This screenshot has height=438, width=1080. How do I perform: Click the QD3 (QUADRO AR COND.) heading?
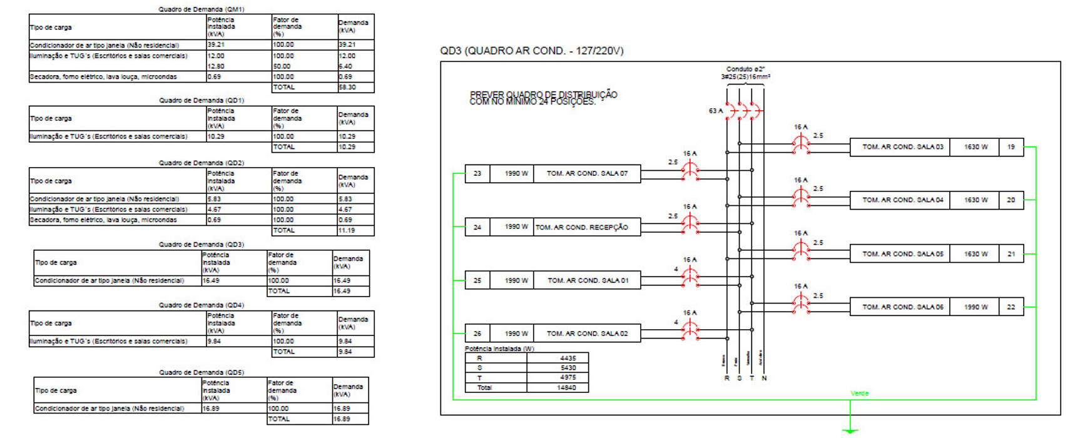531,51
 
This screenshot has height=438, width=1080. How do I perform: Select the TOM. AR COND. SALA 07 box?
587,173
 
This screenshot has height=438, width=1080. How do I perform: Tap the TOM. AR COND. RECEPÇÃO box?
587,227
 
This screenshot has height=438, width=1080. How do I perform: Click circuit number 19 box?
1011,147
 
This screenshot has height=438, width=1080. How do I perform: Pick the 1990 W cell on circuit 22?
975,307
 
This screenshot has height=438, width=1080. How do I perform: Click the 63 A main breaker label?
715,111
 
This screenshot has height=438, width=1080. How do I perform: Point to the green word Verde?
859,393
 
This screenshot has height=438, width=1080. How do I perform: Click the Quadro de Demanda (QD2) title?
201,163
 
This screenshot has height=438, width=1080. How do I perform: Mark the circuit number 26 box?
477,334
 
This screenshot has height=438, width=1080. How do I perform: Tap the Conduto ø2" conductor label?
745,69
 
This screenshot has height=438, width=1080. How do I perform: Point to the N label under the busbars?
764,378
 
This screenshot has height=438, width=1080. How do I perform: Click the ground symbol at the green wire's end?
850,430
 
